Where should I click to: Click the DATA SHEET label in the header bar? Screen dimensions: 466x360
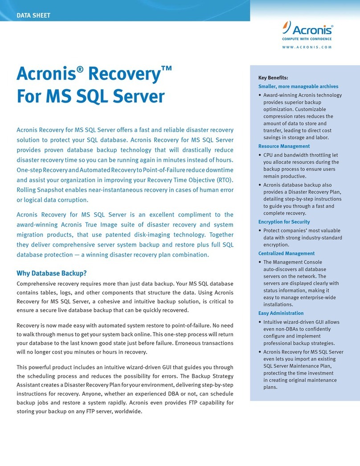tap(33, 16)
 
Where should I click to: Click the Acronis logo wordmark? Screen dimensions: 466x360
tap(311, 30)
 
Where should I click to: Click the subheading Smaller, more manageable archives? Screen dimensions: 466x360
tap(298, 86)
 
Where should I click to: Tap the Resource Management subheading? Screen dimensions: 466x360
tap(284, 146)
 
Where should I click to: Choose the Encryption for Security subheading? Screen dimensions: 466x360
tap(284, 222)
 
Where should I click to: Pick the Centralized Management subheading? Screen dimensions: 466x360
tap(286, 253)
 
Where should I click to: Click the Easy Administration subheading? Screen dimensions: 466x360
tap(281, 313)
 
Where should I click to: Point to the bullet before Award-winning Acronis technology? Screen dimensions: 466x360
tap(260, 95)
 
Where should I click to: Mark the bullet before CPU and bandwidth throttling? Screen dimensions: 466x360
tap(260, 155)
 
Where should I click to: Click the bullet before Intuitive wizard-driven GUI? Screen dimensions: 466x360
tap(260, 322)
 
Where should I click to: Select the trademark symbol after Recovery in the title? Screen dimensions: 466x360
tap(166, 67)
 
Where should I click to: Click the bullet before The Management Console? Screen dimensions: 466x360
tap(260, 262)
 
